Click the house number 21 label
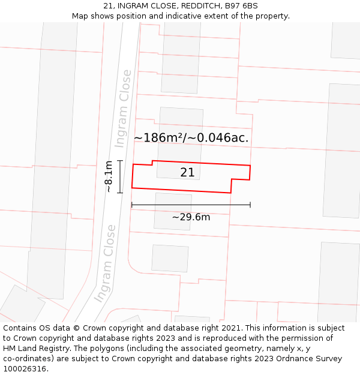187,173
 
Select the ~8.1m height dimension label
109,176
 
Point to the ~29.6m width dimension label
191,217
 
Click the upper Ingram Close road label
123,108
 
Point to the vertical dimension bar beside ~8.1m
120,176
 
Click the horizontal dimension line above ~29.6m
191,205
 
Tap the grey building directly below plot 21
173,211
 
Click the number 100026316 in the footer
25,369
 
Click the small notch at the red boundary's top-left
152,162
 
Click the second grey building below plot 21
170,258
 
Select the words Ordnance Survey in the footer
310,359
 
